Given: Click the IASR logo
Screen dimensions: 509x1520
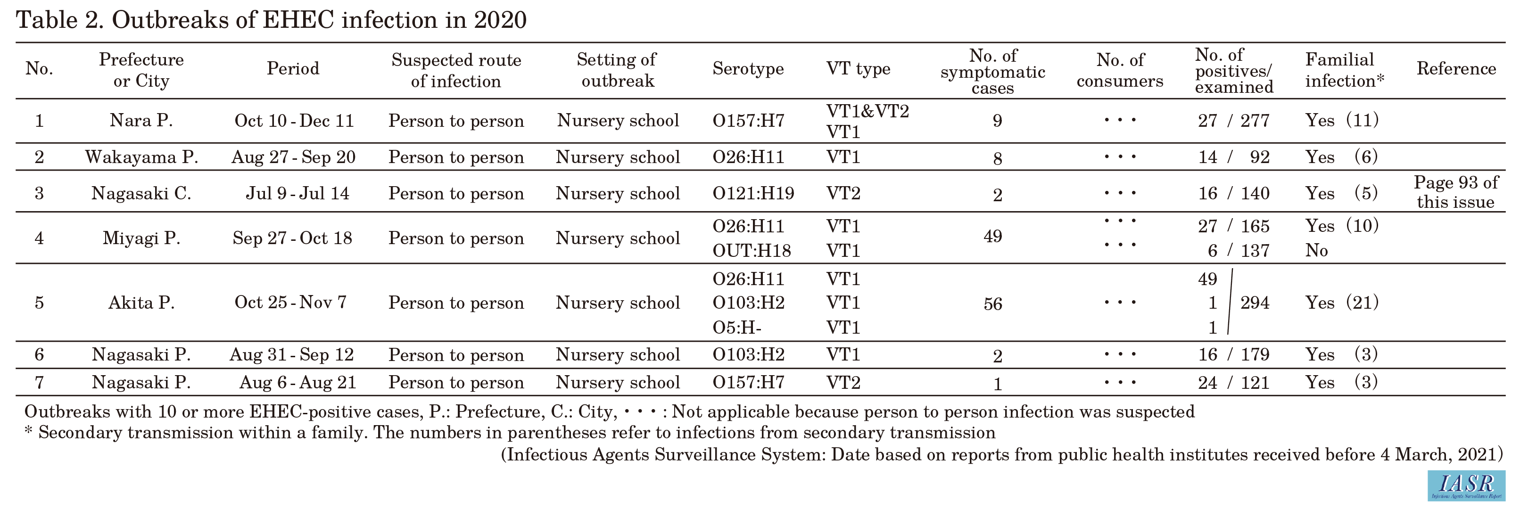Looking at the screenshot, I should pos(1465,485).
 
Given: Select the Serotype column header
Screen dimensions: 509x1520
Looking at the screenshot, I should pos(748,69).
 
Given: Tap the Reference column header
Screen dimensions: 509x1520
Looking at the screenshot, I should pos(1456,69).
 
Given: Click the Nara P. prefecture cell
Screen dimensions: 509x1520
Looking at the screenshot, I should pos(141,121).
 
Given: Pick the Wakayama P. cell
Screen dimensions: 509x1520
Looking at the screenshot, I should pos(141,157).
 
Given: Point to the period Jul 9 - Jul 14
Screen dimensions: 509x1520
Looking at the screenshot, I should pos(297,193).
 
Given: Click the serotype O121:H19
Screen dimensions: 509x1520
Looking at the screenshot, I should pos(753,193).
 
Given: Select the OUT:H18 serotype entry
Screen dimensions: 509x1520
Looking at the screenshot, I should pos(751,251).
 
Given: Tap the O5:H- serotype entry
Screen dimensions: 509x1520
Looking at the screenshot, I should pos(737,328).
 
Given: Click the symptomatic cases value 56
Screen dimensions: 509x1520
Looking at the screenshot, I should pos(992,304).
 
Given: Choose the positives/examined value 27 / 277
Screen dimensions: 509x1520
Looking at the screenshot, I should pos(1233,121).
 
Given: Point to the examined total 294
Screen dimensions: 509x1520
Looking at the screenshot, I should pos(1255,303).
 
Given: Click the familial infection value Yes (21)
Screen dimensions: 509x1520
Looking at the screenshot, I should pos(1341,303).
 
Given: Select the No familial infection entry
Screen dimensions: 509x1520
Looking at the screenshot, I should pos(1316,251).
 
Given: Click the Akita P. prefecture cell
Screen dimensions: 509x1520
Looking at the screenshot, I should pos(141,303).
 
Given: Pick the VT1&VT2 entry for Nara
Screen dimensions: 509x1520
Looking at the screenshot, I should pos(867,111).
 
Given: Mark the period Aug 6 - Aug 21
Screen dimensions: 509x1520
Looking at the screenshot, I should pos(297,383).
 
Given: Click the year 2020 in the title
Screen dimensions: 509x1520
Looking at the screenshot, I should pos(499,21).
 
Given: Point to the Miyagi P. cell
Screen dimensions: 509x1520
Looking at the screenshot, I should pos(141,238).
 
